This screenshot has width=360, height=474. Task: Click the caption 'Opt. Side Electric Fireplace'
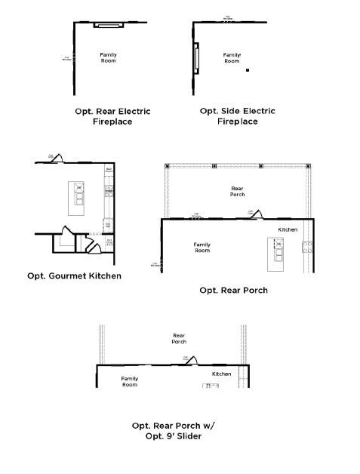237,115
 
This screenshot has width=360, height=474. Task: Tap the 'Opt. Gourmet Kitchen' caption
74,275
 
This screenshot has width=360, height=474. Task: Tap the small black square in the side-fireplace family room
248,70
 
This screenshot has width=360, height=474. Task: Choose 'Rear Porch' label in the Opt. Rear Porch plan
237,191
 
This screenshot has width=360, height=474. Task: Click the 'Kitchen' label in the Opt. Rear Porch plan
288,229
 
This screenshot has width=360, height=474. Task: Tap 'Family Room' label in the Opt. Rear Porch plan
202,247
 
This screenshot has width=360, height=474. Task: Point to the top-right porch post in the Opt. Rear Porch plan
303,165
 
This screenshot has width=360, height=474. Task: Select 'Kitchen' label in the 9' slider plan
221,374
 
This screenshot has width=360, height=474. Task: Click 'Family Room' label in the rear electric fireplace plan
108,57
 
